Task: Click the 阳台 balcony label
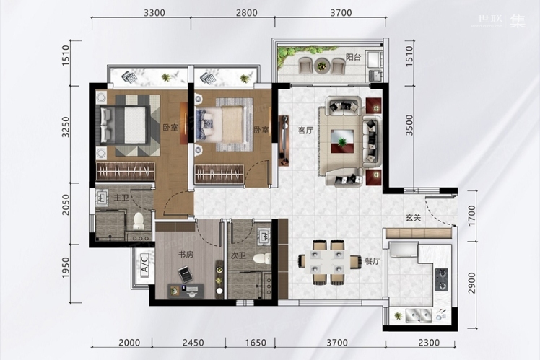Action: click(353, 57)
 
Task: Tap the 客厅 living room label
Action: click(305, 131)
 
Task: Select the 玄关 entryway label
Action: click(413, 217)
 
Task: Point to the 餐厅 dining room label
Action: click(373, 261)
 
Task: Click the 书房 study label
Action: click(186, 255)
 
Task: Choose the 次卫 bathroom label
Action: click(238, 255)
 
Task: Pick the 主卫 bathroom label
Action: click(121, 198)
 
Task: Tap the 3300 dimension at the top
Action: click(154, 13)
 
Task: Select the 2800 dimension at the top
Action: click(247, 13)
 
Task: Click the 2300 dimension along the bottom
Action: click(429, 343)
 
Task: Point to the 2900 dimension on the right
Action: click(471, 283)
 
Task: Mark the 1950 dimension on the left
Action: click(66, 268)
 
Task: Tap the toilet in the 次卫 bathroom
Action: click(262, 258)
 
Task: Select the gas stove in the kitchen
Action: click(441, 279)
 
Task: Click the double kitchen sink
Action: click(419, 315)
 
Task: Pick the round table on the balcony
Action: click(322, 65)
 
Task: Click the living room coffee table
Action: click(342, 141)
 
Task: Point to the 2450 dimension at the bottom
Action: click(193, 343)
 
